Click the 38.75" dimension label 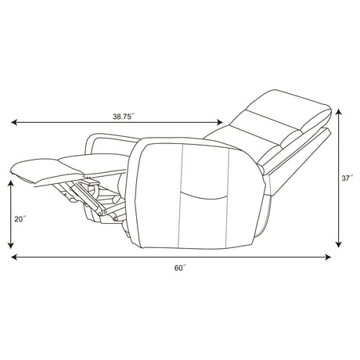coord(124,117)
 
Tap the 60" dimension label coord(180,268)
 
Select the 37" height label coord(347,178)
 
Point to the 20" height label coord(20,219)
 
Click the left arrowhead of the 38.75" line coord(14,122)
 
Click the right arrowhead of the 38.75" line coord(220,122)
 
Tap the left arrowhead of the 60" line coord(14,257)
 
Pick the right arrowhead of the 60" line coord(328,257)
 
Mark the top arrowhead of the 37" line coord(338,112)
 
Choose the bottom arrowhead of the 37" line coord(338,245)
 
